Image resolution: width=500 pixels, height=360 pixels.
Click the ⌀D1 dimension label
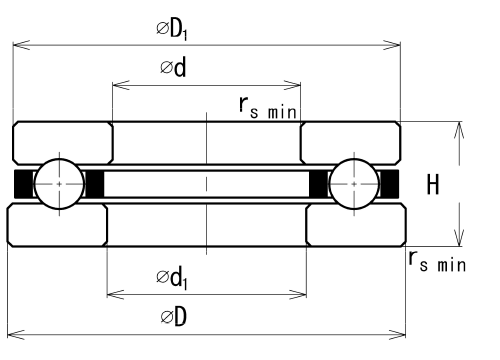pos(172,30)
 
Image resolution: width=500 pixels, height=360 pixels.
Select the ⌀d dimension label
pos(173,67)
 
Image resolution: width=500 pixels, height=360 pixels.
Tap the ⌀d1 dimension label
pos(172,278)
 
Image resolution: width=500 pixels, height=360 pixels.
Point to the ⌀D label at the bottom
pos(173,316)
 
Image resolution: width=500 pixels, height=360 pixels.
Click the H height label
pos(433,184)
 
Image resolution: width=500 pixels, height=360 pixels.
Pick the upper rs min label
pos(268,107)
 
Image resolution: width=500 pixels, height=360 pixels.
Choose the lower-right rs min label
pos(437,261)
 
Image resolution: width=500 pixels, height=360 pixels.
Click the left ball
pos(60,184)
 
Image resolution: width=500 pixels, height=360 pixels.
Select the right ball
pos(354,184)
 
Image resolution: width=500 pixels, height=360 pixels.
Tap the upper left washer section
pos(63,143)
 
